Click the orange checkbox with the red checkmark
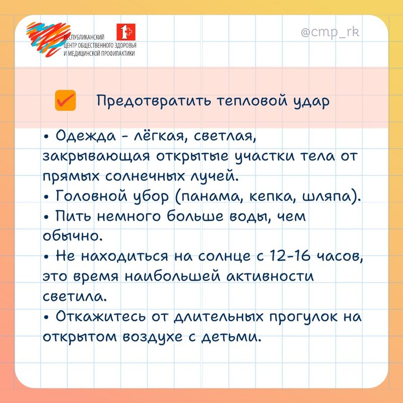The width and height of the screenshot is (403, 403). (x=65, y=100)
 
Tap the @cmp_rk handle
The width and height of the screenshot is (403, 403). (x=330, y=33)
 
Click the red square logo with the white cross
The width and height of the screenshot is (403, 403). (x=126, y=32)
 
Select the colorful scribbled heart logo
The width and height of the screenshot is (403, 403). (x=48, y=39)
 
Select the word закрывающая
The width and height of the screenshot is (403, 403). (x=96, y=157)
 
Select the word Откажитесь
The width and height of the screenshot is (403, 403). (x=101, y=317)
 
